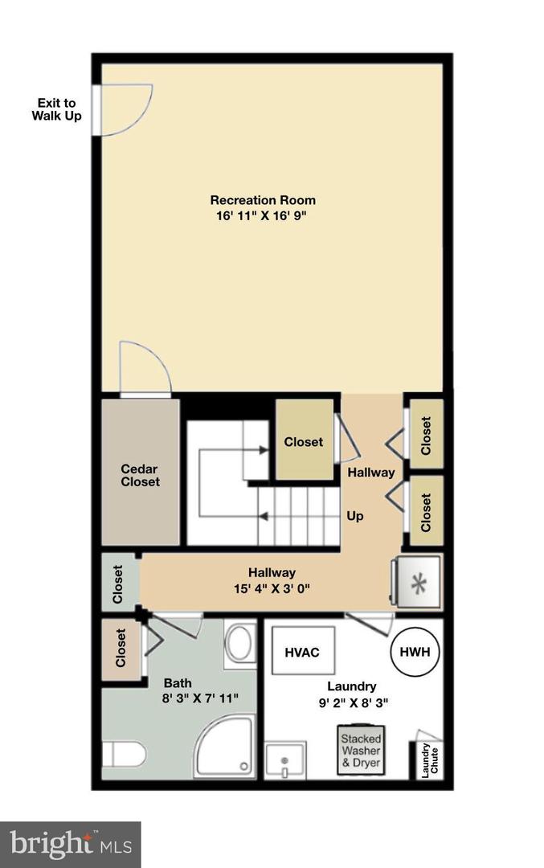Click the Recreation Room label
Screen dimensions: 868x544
click(263, 200)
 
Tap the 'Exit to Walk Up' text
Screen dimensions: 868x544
click(56, 109)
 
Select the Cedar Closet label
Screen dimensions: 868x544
click(140, 475)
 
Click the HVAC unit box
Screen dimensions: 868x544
click(301, 652)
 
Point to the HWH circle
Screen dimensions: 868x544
click(415, 652)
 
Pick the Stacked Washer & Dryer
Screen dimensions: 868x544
click(360, 751)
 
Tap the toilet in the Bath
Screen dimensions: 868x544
click(125, 755)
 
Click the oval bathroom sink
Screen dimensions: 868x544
click(239, 644)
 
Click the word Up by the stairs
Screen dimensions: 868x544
click(354, 516)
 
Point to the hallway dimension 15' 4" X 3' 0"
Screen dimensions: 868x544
click(271, 588)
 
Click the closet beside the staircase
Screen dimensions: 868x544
click(304, 441)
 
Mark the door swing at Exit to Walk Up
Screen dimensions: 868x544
click(125, 110)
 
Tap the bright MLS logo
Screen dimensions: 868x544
click(70, 844)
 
